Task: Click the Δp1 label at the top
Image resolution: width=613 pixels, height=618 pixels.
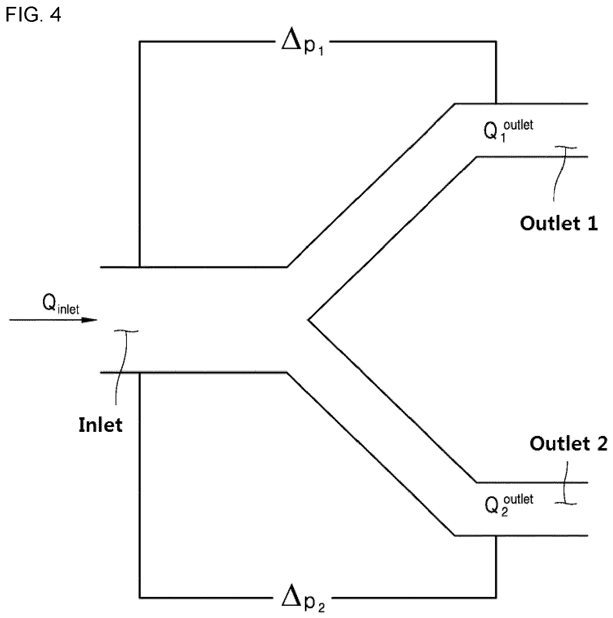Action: (302, 43)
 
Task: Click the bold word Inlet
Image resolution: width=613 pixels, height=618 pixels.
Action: (100, 425)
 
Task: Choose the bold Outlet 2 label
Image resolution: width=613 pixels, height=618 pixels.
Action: (568, 443)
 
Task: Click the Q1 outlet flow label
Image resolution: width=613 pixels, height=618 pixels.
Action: (508, 130)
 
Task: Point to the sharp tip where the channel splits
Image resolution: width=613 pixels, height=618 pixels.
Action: (308, 320)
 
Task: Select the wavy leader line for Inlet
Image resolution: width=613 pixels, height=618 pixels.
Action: (122, 367)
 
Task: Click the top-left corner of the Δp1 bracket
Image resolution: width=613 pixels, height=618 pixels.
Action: (139, 41)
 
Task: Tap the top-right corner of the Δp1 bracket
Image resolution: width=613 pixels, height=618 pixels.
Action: (495, 41)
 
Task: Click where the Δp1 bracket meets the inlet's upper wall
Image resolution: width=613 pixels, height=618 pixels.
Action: (139, 267)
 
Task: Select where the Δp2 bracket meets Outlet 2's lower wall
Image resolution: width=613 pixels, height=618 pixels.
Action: (495, 536)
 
